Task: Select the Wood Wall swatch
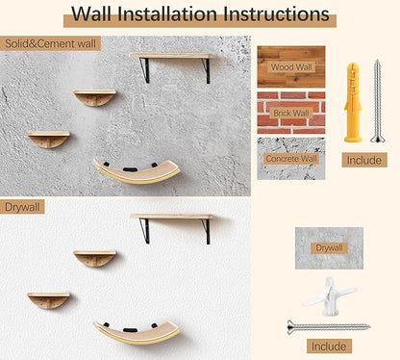coord(290,67)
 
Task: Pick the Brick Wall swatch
coord(290,112)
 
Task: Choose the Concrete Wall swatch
coord(290,157)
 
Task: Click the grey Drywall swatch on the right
coord(328,247)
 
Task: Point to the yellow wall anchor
coord(353,101)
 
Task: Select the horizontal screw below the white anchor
coord(328,326)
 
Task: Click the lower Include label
coord(329,346)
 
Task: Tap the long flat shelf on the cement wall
coord(173,56)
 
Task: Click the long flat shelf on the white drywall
coord(173,217)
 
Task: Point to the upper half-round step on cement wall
coord(95,96)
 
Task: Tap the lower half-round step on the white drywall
coord(48,299)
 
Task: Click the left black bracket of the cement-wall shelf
coord(142,69)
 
